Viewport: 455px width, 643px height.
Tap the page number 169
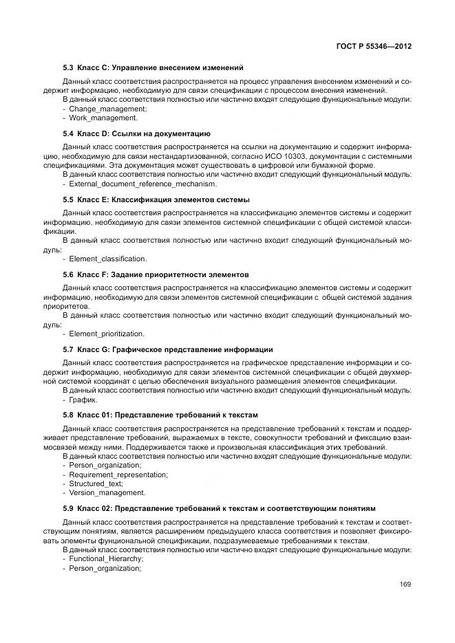(405, 585)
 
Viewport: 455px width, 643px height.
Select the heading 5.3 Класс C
(153, 67)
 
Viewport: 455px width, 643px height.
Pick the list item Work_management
(103, 118)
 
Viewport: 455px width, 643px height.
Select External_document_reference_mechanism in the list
(142, 184)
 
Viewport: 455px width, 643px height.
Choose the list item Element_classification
(107, 259)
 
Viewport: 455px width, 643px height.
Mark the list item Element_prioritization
(106, 334)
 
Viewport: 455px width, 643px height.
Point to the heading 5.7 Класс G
(168, 349)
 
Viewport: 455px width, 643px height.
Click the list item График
(83, 400)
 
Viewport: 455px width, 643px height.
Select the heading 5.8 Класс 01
(160, 415)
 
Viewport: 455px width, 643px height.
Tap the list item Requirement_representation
(118, 475)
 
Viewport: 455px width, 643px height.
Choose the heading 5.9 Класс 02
(219, 508)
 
